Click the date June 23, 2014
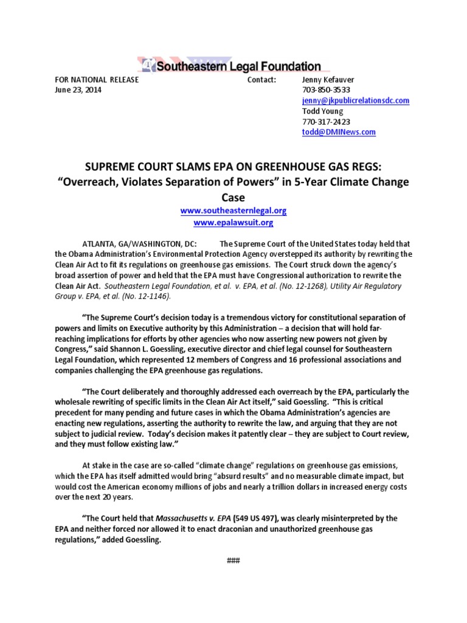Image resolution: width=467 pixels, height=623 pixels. (78, 90)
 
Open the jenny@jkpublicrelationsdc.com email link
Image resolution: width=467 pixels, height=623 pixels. (355, 100)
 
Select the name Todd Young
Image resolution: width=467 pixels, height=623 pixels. (322, 111)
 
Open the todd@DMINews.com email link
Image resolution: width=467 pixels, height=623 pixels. (339, 131)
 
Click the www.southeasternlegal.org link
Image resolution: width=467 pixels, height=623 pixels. (233, 211)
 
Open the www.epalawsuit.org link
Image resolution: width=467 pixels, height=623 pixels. (233, 223)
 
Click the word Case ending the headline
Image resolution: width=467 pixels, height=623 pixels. (233, 197)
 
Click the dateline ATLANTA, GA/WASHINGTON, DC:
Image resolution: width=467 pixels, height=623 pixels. (135, 244)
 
